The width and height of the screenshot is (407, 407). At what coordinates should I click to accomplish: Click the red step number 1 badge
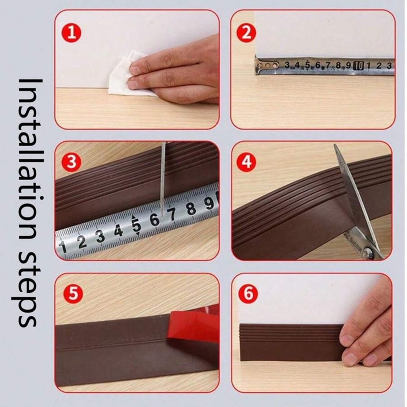(x=72, y=33)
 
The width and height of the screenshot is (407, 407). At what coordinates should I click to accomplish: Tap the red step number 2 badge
(x=247, y=33)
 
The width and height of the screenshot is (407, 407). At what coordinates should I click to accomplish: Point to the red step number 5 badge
(x=72, y=294)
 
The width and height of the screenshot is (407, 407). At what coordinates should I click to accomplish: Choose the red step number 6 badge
(x=248, y=294)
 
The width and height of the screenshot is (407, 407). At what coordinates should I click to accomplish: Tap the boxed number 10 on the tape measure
(x=359, y=65)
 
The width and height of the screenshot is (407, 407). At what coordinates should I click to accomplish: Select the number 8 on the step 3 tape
(x=190, y=209)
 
